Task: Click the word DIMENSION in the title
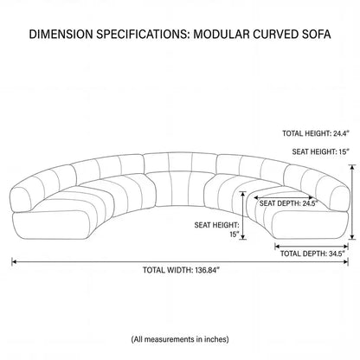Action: (x=61, y=34)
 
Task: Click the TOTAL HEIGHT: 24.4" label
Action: (x=316, y=133)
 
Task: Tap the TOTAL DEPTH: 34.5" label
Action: (x=312, y=254)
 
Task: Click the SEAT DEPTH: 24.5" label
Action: (x=288, y=203)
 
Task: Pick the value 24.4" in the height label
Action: (x=341, y=133)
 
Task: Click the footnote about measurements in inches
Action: (x=180, y=339)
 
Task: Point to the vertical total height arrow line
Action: (x=352, y=202)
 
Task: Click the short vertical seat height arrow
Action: (x=243, y=215)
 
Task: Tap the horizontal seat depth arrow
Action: (x=283, y=197)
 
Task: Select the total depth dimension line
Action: (x=312, y=247)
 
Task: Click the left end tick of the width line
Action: (x=12, y=261)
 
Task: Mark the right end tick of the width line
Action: (x=348, y=261)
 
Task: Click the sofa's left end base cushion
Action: (x=52, y=225)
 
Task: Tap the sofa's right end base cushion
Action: (x=309, y=225)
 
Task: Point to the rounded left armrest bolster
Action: (x=21, y=200)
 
